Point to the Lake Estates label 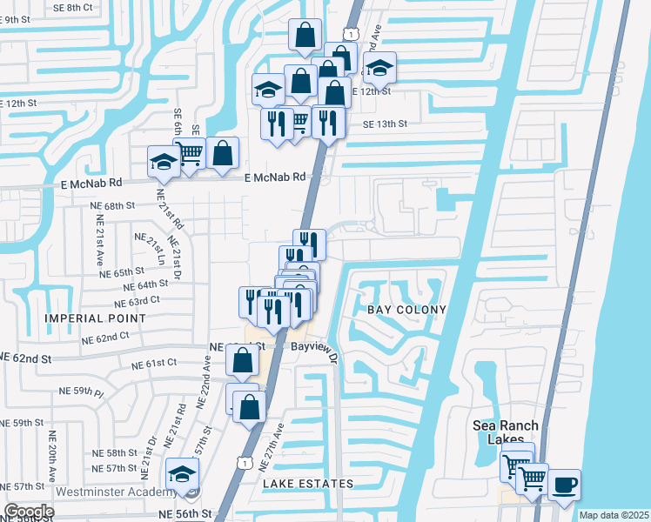(x=310, y=484)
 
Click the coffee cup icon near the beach (x=564, y=485)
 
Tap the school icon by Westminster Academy (x=183, y=473)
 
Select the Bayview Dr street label (x=319, y=346)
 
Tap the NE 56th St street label (x=184, y=514)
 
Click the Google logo (x=28, y=512)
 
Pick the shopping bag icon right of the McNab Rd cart (x=223, y=152)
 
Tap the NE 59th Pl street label (x=88, y=392)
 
